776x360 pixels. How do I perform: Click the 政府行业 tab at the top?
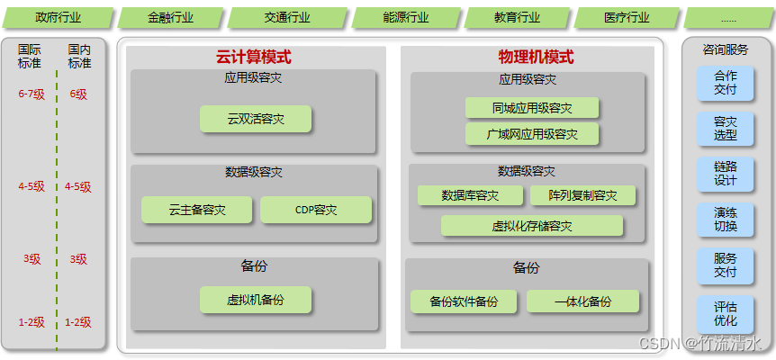pos(57,17)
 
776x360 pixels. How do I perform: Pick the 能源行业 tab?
pos(406,17)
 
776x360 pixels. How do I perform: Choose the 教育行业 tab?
pos(518,17)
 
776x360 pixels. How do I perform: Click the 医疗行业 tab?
pos(627,17)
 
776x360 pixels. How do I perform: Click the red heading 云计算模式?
pos(254,57)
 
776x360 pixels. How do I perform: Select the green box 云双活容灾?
pos(256,119)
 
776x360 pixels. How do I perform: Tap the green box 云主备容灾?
pos(196,210)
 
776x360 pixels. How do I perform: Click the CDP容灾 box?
pos(316,210)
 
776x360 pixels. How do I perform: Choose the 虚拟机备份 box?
pos(256,300)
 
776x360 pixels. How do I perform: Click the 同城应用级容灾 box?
pos(532,108)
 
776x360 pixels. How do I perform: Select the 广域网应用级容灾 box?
pos(532,134)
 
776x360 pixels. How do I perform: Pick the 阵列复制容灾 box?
pos(582,195)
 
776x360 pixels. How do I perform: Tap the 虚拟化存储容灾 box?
pos(532,226)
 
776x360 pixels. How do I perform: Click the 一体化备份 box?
pos(582,301)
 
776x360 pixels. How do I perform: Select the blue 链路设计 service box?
pos(725,174)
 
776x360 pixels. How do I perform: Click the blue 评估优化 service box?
pos(725,313)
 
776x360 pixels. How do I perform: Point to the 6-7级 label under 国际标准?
pos(32,94)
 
